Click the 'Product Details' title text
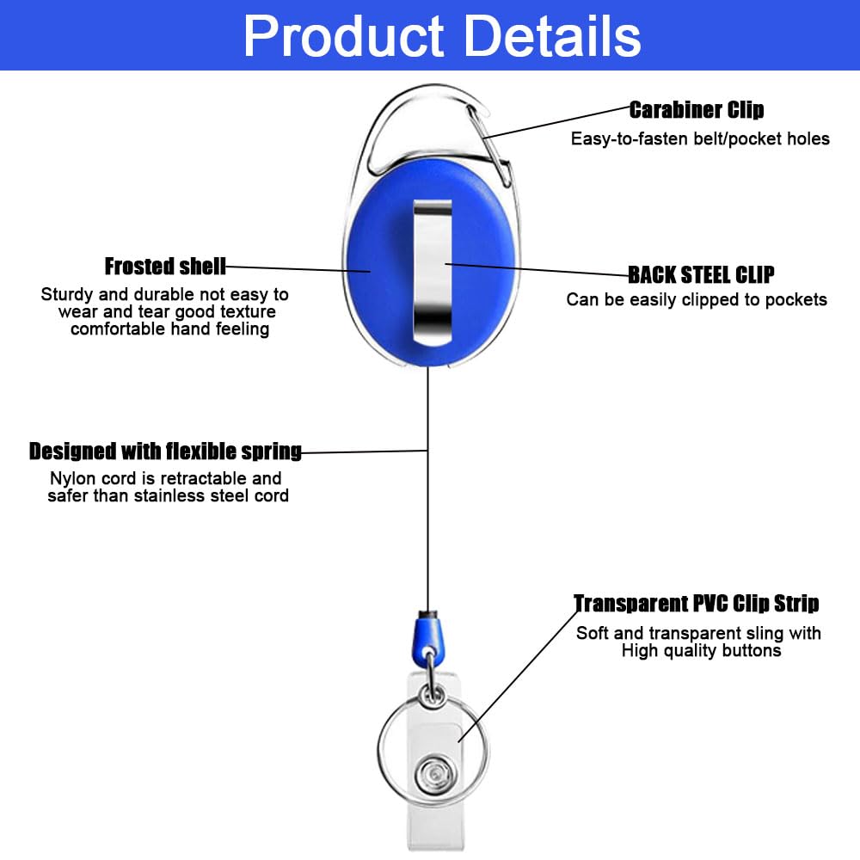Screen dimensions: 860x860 [442, 36]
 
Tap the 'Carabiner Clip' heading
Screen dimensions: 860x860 [697, 110]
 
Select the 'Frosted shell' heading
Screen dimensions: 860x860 [165, 267]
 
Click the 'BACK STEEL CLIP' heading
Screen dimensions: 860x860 [701, 275]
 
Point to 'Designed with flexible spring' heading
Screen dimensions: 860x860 [165, 451]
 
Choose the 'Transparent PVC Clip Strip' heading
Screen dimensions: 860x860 [697, 604]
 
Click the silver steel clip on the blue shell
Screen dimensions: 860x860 [433, 273]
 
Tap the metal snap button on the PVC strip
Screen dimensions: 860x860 [435, 775]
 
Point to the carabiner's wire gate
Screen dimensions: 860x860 [488, 143]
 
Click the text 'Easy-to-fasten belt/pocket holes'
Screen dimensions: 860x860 [700, 138]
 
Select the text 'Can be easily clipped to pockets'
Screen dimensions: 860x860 [697, 299]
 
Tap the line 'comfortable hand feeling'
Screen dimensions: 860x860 [170, 329]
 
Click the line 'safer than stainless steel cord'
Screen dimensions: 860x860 [168, 496]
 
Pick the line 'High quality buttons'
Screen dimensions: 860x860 [701, 650]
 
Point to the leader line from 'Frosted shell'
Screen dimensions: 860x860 [298, 268]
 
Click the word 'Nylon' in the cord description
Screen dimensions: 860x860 [71, 479]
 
